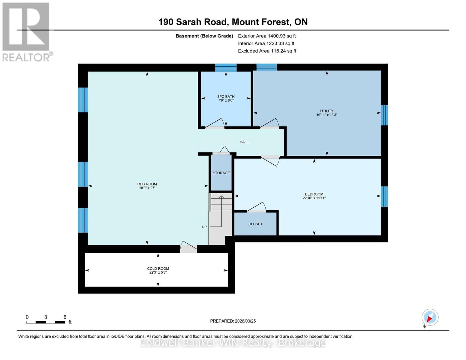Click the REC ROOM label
(147, 184)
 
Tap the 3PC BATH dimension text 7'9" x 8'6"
(226, 100)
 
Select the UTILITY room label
(326, 111)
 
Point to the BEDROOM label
(314, 194)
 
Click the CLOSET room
(255, 224)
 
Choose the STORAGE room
(221, 173)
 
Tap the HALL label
(244, 142)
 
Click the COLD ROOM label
(158, 268)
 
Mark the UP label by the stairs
(204, 227)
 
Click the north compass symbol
(430, 317)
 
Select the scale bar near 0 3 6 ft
(45, 322)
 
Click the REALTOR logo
(26, 31)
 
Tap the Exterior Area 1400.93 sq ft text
(267, 36)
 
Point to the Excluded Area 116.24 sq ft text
(267, 51)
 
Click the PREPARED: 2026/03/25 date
(233, 321)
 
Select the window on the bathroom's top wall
(226, 67)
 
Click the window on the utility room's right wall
(384, 115)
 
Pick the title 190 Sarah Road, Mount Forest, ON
(233, 22)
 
